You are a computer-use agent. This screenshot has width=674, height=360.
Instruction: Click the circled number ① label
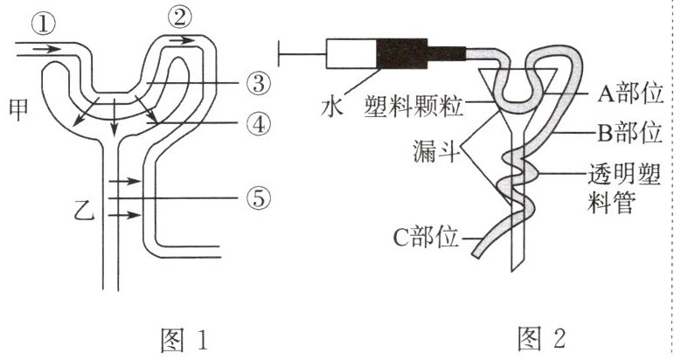(x=44, y=25)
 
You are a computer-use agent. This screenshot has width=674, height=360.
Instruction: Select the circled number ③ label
(x=259, y=83)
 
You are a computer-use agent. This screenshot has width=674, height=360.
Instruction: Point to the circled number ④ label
(x=259, y=124)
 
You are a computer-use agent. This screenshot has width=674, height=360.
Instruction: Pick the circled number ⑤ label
(x=259, y=198)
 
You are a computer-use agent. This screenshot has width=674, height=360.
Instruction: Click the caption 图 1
(x=184, y=339)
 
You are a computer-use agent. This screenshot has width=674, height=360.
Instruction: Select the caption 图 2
(x=541, y=339)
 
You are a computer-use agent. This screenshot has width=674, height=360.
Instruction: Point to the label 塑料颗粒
(x=413, y=106)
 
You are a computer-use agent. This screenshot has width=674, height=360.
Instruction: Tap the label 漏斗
(x=434, y=151)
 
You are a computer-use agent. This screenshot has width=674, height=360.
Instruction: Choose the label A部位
(x=630, y=93)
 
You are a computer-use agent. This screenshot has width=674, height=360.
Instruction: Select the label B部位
(x=629, y=133)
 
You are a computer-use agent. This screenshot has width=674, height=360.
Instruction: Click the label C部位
(x=426, y=237)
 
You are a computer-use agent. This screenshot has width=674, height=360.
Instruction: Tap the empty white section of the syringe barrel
(x=351, y=53)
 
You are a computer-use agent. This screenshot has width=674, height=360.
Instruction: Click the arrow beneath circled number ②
(x=182, y=40)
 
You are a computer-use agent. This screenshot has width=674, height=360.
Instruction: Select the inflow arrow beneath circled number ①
(x=47, y=50)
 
